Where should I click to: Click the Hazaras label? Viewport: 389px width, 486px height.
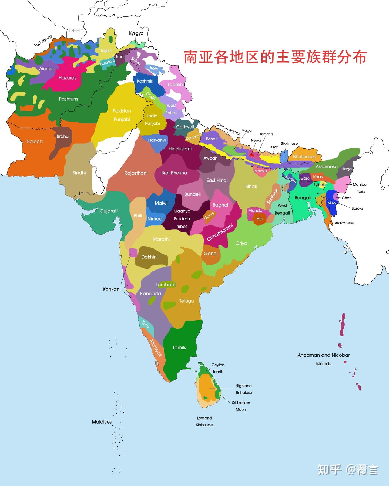coord(67,78)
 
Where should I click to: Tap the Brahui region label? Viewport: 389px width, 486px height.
coord(63,136)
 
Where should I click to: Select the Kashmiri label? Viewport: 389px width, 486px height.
coord(145,81)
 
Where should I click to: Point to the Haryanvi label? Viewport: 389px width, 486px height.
coord(157,140)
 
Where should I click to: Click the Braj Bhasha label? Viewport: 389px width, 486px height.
coord(174,173)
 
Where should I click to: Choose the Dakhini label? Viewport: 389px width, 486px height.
coord(149,257)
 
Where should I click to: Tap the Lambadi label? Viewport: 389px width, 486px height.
coord(165,285)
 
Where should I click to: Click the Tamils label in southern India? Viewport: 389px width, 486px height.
coord(179,347)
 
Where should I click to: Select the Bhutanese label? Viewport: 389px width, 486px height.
coord(304,157)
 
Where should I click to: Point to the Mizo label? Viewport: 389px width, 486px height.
coord(331,203)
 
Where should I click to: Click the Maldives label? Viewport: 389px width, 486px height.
coord(102,422)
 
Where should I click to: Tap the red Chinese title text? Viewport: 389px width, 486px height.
coord(275,57)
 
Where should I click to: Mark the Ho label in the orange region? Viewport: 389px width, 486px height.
coord(259,219)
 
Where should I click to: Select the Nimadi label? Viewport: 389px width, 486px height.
coord(155,219)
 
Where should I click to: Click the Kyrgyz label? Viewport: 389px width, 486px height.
coord(136,33)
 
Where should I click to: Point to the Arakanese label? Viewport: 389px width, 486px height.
coord(344,223)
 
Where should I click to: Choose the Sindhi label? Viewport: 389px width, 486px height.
coord(79,173)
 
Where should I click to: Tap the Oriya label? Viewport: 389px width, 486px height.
coord(241,243)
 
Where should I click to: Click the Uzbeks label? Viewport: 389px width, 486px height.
coord(76,31)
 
